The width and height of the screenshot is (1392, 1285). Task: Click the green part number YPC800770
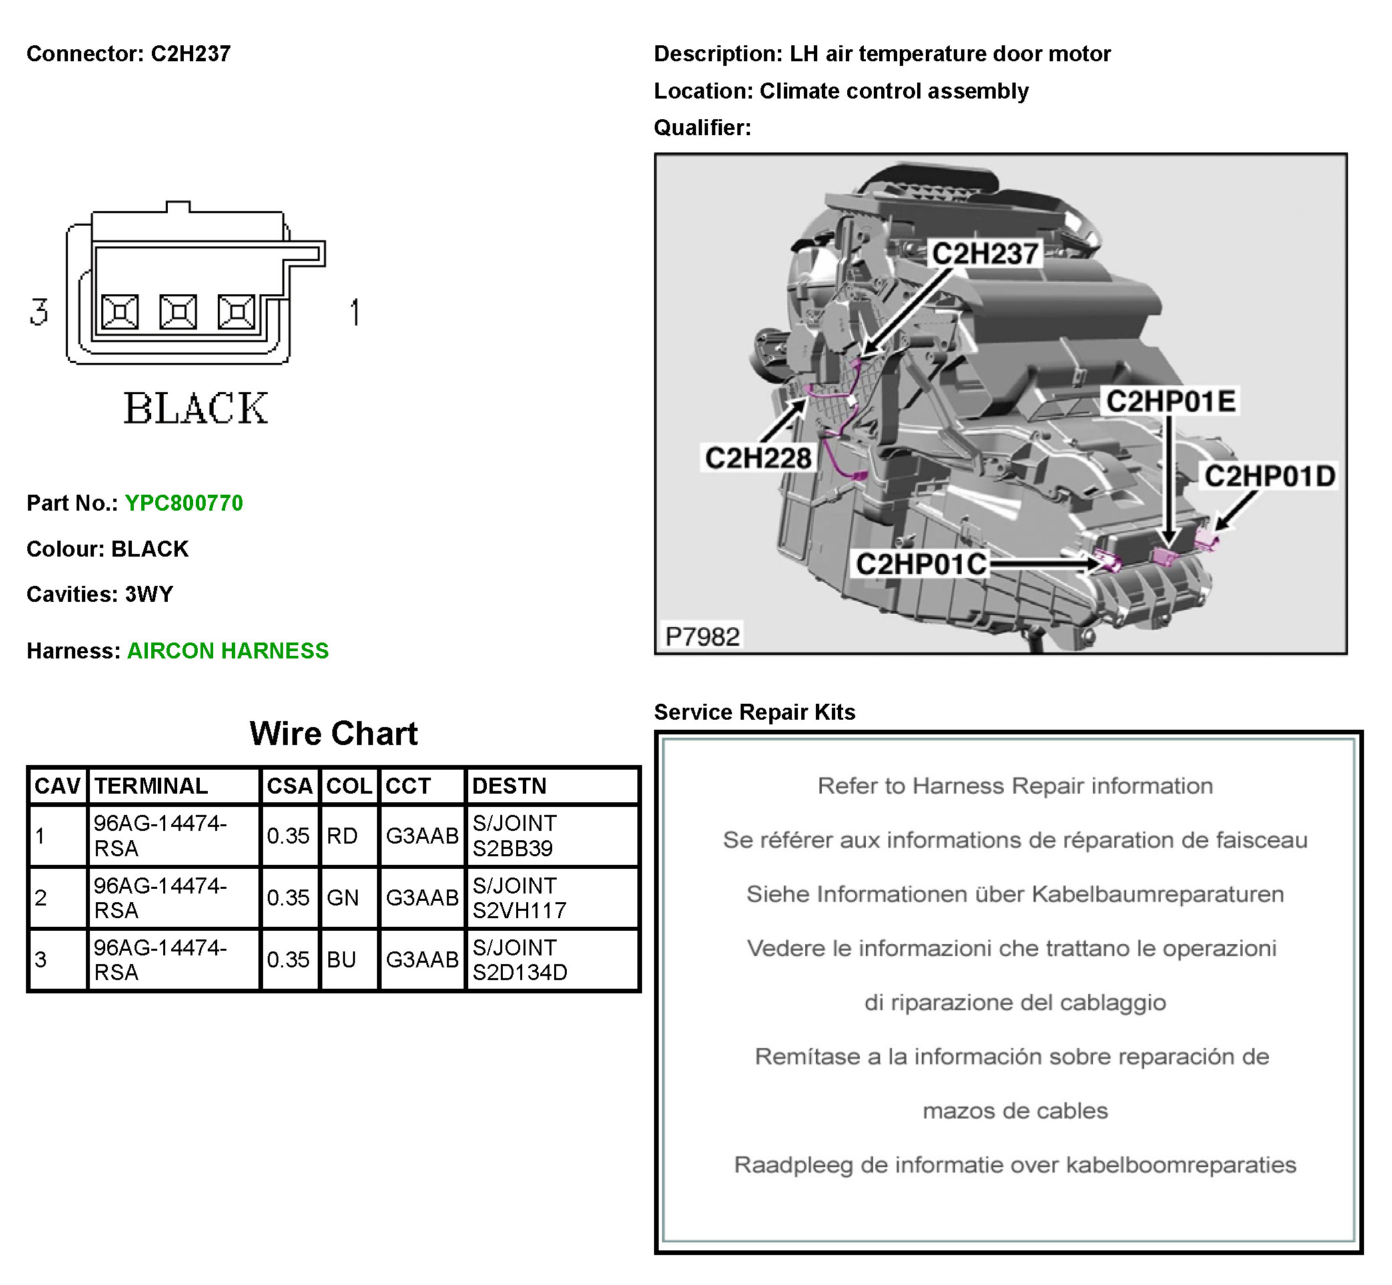184,503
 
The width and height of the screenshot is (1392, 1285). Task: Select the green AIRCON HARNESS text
228,651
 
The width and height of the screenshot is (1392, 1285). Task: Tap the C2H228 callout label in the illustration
757,458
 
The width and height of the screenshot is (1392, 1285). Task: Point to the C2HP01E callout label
1170,401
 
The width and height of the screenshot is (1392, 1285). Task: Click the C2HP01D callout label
1269,476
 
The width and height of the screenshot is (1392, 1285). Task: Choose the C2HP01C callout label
920,564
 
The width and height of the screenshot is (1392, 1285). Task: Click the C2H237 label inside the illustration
984,254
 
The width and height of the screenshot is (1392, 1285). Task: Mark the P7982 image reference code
702,637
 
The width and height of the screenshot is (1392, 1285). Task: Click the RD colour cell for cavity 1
342,836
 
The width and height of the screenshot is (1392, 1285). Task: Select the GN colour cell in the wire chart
342,898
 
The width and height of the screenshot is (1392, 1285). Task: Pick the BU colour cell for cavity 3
342,959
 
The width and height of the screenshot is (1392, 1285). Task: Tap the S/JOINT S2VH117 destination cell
520,898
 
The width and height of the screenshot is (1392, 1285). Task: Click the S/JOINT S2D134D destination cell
520,959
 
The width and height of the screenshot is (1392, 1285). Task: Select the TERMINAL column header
151,786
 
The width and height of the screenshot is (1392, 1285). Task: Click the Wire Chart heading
333,734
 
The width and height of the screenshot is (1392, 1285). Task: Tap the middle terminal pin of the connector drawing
178,312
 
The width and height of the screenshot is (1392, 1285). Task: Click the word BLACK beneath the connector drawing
195,408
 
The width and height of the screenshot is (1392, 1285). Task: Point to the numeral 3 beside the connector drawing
39,312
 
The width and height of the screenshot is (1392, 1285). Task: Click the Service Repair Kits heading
754,712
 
